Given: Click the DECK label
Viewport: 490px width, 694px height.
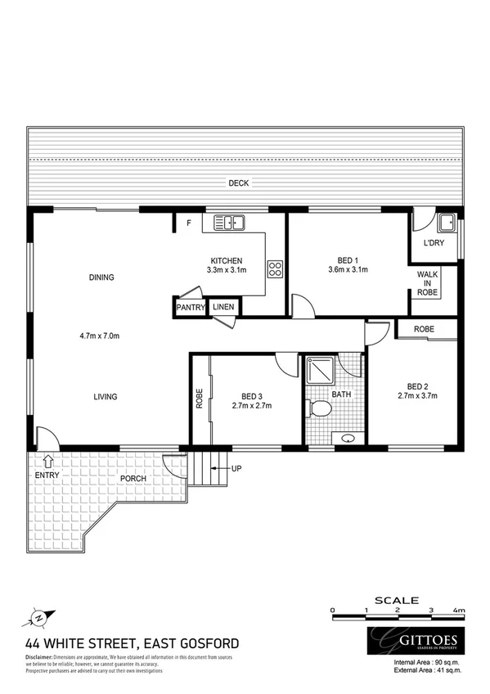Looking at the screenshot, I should coord(238,183).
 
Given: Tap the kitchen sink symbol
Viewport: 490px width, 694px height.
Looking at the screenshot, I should coord(230,222).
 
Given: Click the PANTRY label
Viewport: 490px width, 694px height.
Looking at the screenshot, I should coord(190,307).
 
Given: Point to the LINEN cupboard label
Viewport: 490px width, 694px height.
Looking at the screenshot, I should coord(223,307).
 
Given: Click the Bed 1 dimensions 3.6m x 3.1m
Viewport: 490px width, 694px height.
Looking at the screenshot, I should coord(348,268).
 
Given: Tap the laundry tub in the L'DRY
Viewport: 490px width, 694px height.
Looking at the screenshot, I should coord(447,222).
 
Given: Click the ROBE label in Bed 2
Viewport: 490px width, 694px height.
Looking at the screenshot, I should coord(424,329).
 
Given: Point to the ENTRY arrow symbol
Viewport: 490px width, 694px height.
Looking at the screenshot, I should coord(48,462).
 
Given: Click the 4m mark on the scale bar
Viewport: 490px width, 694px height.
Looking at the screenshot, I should coord(458,611).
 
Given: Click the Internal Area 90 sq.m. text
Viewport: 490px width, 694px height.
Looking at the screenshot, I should coord(427,661).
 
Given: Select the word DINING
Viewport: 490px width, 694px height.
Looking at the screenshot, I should coord(101,277).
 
